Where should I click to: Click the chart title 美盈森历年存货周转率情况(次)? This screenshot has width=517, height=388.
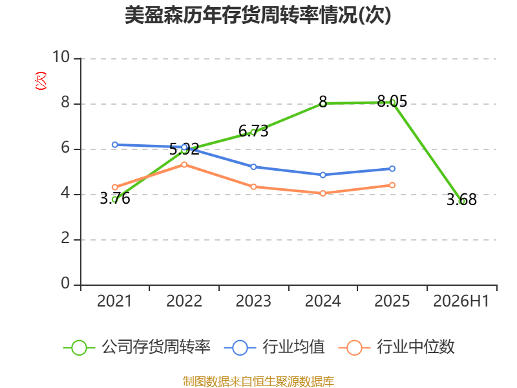[258, 15]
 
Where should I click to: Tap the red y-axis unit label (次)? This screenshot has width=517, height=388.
[41, 81]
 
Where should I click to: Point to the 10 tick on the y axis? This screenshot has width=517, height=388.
[61, 57]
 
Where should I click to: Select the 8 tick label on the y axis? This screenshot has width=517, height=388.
[65, 102]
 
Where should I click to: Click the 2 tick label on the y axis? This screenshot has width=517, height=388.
[65, 238]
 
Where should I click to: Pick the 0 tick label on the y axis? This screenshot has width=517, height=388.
[65, 283]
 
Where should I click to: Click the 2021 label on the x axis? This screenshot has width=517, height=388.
[114, 301]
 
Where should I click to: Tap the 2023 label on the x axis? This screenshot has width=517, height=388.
[253, 301]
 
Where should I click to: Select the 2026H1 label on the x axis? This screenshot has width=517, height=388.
[461, 301]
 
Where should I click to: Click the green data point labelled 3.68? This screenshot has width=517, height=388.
[461, 201]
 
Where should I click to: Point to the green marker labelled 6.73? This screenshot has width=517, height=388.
[253, 133]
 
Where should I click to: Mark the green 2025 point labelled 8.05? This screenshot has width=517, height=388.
[392, 102]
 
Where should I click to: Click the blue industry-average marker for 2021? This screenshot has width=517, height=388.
[115, 144]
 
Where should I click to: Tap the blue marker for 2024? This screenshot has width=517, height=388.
[322, 175]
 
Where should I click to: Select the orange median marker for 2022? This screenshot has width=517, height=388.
[184, 164]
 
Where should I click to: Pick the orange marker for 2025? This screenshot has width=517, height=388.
[392, 185]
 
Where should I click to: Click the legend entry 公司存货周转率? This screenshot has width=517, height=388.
[137, 347]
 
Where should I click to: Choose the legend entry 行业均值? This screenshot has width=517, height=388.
[274, 347]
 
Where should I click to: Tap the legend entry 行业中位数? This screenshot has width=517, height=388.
[397, 347]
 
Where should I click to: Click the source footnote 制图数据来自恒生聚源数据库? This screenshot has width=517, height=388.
[258, 382]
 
